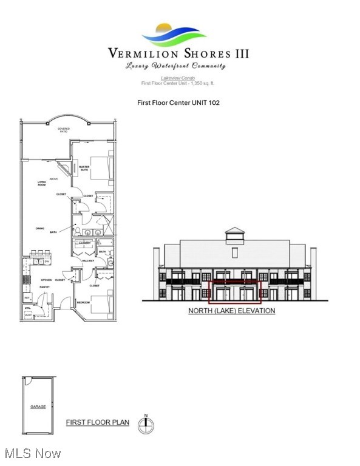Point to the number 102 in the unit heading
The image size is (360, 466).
tap(214, 103)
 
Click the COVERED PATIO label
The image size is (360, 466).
tap(63, 130)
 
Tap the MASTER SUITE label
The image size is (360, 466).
tap(84, 168)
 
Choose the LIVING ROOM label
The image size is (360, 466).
tap(42, 183)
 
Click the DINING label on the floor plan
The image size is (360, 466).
tap(39, 228)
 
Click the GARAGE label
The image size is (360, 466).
tap(38, 407)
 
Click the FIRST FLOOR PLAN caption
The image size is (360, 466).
tap(97, 422)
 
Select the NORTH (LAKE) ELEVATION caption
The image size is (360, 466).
tap(231, 311)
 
